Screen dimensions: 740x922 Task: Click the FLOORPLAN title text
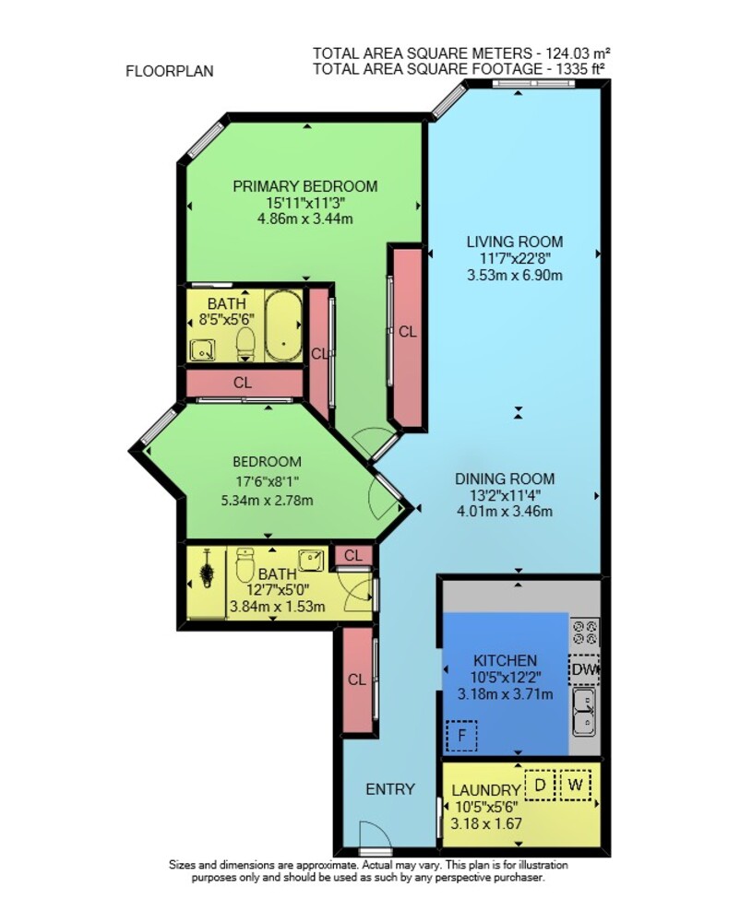click(x=170, y=71)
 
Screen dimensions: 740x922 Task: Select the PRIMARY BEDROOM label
click(x=305, y=186)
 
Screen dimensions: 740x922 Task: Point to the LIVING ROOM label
click(x=515, y=242)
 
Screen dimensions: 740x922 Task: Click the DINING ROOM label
click(x=505, y=479)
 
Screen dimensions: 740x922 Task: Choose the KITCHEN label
click(x=506, y=661)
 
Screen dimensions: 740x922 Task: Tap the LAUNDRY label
click(x=486, y=790)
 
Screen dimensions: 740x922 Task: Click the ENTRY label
click(x=390, y=789)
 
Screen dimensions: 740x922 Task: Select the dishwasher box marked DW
click(x=584, y=669)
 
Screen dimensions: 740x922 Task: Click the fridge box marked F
click(x=461, y=736)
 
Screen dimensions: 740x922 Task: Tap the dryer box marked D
click(x=540, y=785)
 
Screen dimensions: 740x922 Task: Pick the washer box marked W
click(x=576, y=785)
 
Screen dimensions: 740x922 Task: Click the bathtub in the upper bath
click(x=283, y=326)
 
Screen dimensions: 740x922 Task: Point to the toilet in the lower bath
click(x=245, y=564)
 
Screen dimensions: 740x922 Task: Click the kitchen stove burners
click(x=585, y=632)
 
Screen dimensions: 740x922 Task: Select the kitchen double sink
click(x=585, y=713)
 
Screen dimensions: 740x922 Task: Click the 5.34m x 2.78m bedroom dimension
click(x=267, y=501)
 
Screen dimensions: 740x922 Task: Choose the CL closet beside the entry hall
click(x=357, y=680)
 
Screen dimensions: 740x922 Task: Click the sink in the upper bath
click(x=202, y=350)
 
